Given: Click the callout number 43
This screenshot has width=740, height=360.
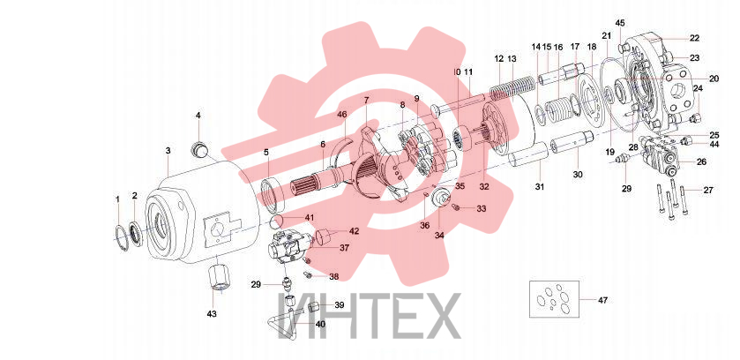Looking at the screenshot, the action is (x=212, y=314).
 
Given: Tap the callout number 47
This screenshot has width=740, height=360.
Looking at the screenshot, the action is (x=602, y=300).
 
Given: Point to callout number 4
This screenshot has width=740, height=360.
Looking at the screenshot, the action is (x=198, y=115).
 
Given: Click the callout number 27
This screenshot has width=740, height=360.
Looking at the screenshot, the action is (x=708, y=190).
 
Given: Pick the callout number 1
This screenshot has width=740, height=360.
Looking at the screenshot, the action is (x=118, y=199).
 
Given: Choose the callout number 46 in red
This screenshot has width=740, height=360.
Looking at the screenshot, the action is (x=341, y=114).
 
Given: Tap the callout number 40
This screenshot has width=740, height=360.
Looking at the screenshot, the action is (x=320, y=324).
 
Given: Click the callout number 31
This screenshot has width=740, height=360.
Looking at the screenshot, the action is (x=540, y=187).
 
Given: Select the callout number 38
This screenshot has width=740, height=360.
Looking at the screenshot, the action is (x=333, y=277).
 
